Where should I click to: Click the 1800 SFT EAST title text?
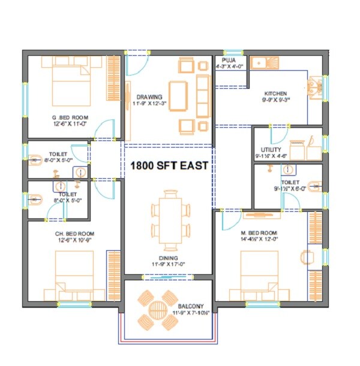[x=169, y=166]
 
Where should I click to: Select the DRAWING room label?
[x=149, y=97]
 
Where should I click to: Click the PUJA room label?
[x=229, y=61]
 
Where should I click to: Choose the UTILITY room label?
[x=271, y=149]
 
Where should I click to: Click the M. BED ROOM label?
[x=260, y=233]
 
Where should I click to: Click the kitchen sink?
[x=264, y=61]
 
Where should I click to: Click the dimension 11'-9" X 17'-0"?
[x=168, y=263]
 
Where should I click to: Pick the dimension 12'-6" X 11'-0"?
[x=70, y=122]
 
